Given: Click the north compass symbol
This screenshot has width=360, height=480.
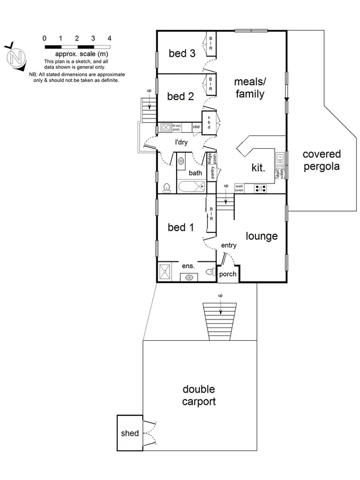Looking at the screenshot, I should (x=17, y=57).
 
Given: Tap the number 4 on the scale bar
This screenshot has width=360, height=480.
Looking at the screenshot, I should (x=109, y=38).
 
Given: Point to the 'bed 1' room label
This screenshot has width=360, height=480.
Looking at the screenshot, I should (x=180, y=228).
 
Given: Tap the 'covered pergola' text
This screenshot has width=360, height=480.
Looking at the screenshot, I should (x=321, y=160).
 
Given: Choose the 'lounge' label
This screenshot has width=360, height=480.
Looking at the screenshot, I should (x=261, y=236).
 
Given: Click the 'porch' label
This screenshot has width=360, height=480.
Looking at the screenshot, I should (x=227, y=274).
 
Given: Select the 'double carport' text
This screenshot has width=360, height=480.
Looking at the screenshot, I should (x=199, y=395).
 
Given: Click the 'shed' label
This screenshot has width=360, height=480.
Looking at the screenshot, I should (x=130, y=433).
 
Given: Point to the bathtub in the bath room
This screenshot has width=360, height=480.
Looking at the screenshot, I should (x=190, y=187).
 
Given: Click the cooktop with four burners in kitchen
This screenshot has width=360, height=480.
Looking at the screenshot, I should (x=261, y=188).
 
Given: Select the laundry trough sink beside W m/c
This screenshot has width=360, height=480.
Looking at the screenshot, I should (x=165, y=127).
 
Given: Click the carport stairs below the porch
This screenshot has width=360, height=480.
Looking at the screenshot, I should (x=220, y=320).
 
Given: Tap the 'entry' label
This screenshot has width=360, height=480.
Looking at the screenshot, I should (x=228, y=245).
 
